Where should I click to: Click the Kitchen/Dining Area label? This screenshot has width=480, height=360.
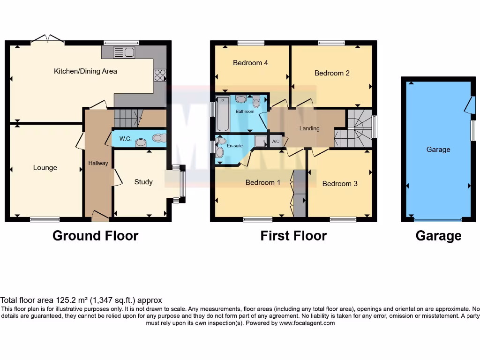coord(85,71)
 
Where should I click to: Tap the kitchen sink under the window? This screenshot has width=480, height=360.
coord(124,52)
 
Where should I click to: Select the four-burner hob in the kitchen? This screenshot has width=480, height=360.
coord(159,75)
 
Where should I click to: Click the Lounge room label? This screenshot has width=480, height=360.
coord(45,167)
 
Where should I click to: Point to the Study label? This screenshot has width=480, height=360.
coord(143,182)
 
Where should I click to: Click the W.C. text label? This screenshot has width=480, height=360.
coord(125,139)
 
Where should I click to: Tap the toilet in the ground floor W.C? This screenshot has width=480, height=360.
coord(158,138)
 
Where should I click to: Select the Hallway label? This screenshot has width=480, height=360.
coord(98,163)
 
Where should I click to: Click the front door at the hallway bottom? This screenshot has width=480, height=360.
coord(100,216)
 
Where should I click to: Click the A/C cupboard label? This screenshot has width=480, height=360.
coord(276,142)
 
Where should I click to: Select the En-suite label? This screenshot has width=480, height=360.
coord(235,146)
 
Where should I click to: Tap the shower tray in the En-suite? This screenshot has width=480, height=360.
coord(260,142)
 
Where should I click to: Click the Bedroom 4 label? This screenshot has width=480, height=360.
coord(250,62)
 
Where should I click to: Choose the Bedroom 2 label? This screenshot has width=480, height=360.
coord(332,73)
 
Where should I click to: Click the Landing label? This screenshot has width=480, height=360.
coord(309,128)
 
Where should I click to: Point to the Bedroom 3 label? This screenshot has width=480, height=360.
coord(340,184)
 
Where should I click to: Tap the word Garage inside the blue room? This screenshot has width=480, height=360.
coord(438,150)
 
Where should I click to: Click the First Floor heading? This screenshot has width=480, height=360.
coord(293,235)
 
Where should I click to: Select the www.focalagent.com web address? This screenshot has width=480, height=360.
coord(307,323)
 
